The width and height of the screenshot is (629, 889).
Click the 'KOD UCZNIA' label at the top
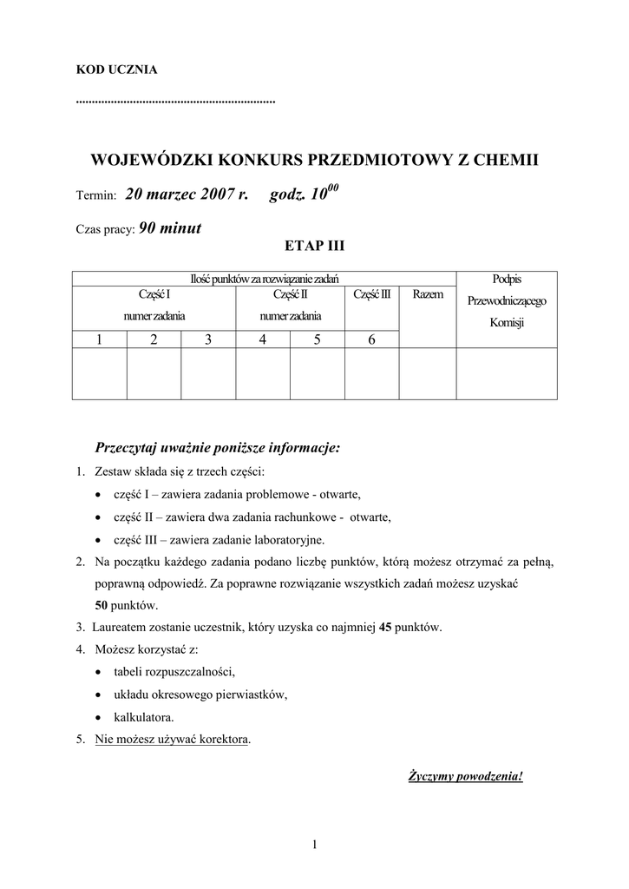(117, 69)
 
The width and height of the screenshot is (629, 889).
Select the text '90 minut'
(170, 228)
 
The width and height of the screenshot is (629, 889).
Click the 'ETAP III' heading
(314, 246)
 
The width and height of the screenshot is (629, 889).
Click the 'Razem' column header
(428, 294)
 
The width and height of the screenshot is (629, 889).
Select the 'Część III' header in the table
(372, 294)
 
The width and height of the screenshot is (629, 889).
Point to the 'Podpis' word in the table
(507, 279)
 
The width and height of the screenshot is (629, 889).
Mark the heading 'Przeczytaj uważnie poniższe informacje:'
(218, 448)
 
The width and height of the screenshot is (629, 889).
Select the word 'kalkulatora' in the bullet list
(143, 717)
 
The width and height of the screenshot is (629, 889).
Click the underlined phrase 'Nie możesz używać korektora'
(172, 740)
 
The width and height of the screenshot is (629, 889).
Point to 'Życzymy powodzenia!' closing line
(466, 775)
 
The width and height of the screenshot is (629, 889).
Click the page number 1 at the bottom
(315, 845)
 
